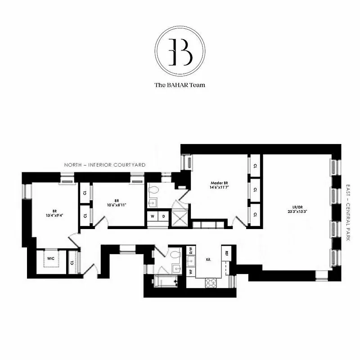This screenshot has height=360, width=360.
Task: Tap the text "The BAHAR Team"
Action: click(x=180, y=85)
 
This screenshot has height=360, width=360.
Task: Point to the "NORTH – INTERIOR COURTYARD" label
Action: click(x=104, y=165)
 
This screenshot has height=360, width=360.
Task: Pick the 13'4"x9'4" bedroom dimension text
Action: click(x=54, y=215)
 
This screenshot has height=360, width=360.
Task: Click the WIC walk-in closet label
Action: click(x=51, y=258)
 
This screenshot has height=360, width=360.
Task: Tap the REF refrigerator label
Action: click(x=227, y=253)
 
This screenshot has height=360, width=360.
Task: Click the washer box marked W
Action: click(x=153, y=216)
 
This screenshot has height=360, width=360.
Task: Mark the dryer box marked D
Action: click(x=164, y=216)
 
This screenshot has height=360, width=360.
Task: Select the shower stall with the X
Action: click(x=181, y=217)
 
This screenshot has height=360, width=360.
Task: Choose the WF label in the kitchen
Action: click(x=190, y=272)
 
